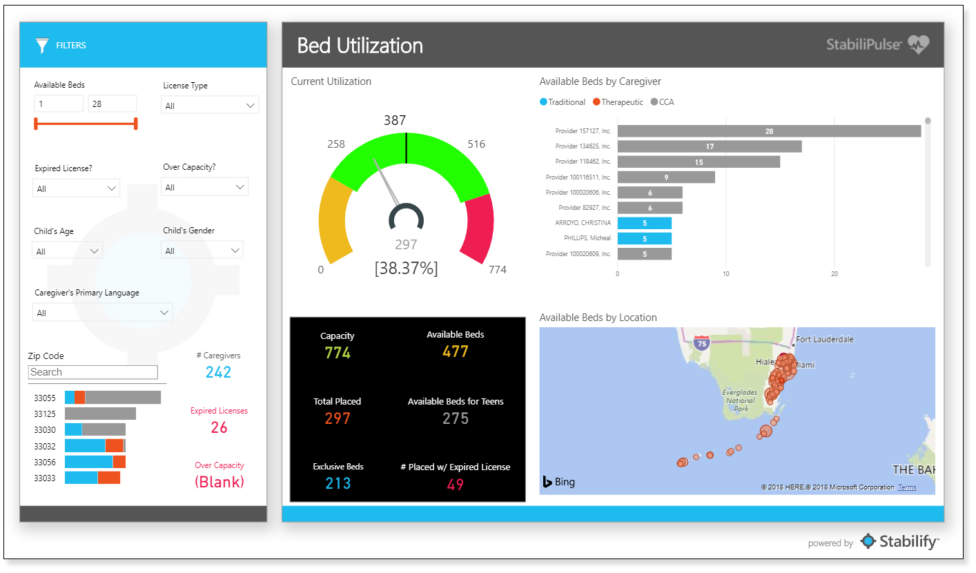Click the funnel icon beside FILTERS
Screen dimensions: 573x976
point(42,46)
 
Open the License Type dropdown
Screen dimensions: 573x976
point(210,106)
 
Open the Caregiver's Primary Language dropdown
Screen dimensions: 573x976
point(102,313)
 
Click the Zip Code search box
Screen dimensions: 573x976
point(93,372)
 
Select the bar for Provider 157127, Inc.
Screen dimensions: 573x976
point(769,131)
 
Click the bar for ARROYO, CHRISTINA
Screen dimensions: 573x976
point(644,223)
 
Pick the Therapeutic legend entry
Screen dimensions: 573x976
point(618,102)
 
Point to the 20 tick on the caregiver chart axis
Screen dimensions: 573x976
point(835,273)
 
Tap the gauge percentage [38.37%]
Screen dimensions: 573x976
point(406,268)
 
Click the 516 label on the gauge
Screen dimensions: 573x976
point(476,144)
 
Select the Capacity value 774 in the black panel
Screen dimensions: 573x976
point(338,353)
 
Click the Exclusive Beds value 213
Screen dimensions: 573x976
point(338,483)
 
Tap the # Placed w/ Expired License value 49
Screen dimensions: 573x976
point(455,484)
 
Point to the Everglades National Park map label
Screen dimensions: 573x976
point(740,400)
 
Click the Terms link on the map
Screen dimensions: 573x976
point(907,487)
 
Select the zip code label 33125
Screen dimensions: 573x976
point(45,414)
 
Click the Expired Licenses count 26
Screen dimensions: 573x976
point(219,427)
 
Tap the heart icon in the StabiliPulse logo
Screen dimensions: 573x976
point(919,45)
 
